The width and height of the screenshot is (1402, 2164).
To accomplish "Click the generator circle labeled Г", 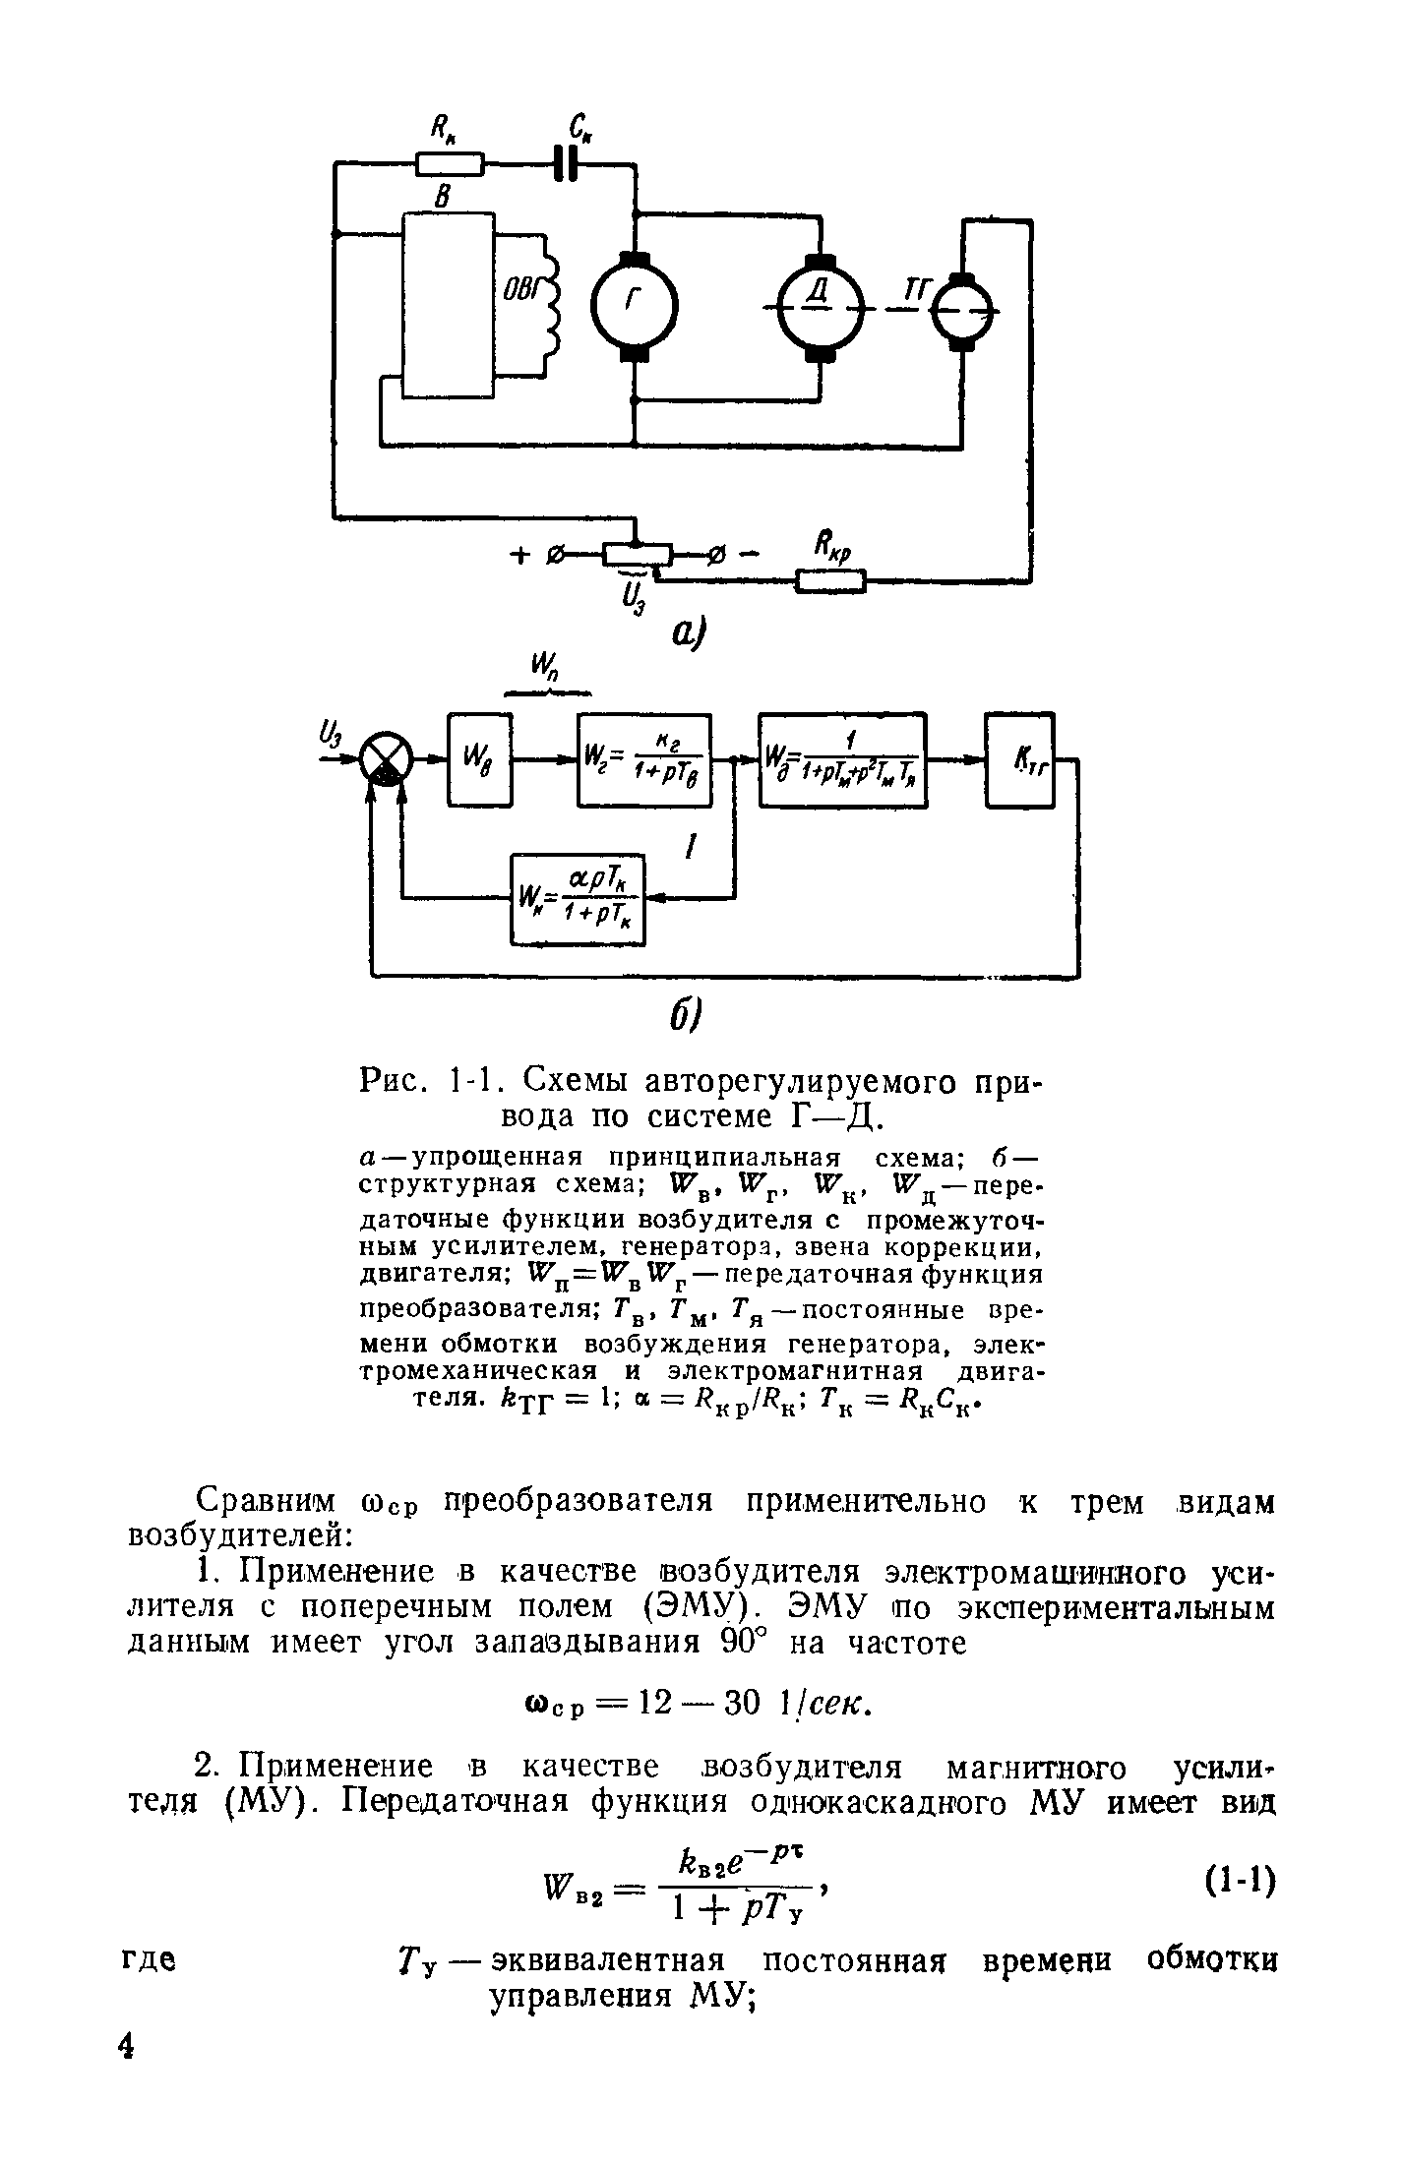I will [x=634, y=305].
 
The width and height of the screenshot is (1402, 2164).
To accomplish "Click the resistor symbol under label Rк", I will [x=451, y=163].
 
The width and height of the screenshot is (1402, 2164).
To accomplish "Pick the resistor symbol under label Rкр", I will [x=830, y=582].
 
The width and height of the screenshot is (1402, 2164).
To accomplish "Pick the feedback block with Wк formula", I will [x=578, y=899].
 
